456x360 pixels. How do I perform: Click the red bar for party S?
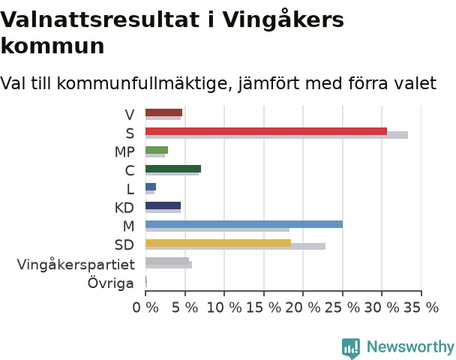coord(266,131)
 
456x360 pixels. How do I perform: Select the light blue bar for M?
coord(244,224)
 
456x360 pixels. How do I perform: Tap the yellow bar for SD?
coord(218,243)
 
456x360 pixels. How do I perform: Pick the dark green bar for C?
coord(173,169)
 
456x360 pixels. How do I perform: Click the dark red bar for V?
coord(163,112)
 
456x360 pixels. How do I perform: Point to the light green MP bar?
coord(157,150)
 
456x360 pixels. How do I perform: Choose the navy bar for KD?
coord(163,205)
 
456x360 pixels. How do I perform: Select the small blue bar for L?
coord(151,187)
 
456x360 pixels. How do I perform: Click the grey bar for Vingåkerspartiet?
coord(167,261)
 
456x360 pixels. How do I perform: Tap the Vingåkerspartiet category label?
coord(76,264)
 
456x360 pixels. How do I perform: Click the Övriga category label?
coord(111,283)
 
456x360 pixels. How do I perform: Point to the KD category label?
coord(124,208)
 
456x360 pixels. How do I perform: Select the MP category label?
coord(124,152)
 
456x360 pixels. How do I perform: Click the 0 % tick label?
coord(145,307)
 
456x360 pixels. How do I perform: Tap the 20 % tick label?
coord(303,307)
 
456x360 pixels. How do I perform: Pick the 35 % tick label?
coord(421,307)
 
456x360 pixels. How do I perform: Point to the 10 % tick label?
coord(224,307)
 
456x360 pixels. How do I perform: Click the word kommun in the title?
coord(52,46)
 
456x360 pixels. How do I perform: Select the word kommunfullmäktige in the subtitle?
coord(145,83)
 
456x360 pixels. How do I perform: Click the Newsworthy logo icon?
coord(351,348)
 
